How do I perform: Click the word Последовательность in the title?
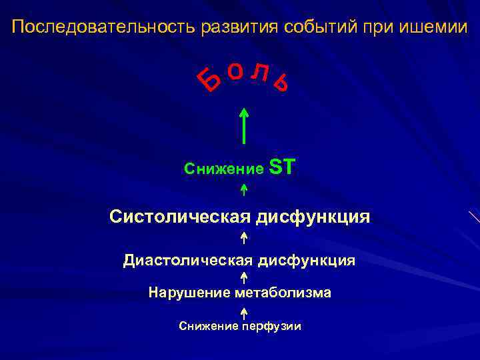[100, 27]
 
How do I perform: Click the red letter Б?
[211, 81]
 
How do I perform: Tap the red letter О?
[235, 70]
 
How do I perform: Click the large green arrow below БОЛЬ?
[244, 126]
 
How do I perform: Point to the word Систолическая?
[179, 217]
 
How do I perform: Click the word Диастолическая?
[189, 260]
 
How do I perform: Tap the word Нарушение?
[190, 293]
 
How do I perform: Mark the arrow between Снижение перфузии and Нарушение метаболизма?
[244, 311]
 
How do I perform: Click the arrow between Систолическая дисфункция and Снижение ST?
[244, 190]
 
